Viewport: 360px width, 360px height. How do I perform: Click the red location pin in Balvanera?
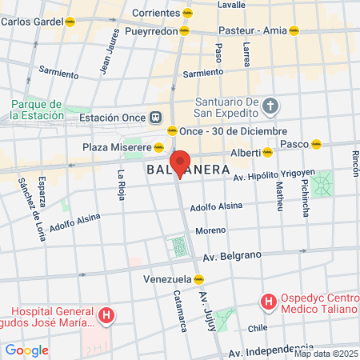[180, 163]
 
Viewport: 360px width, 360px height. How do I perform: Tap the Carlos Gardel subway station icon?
[70, 22]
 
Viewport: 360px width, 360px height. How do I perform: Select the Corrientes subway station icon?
[187, 14]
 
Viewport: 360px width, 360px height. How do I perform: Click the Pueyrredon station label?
[150, 30]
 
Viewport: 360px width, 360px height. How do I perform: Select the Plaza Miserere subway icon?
[159, 147]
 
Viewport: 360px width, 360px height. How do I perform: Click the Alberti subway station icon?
[268, 152]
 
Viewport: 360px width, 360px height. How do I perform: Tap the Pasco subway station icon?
[317, 144]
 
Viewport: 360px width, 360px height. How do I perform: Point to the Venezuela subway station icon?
[198, 279]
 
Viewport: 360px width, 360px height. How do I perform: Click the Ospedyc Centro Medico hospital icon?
[270, 302]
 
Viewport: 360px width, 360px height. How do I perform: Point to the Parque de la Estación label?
[36, 110]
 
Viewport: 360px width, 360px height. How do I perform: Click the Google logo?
[26, 350]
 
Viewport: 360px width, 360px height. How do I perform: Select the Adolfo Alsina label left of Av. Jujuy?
[74, 222]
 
